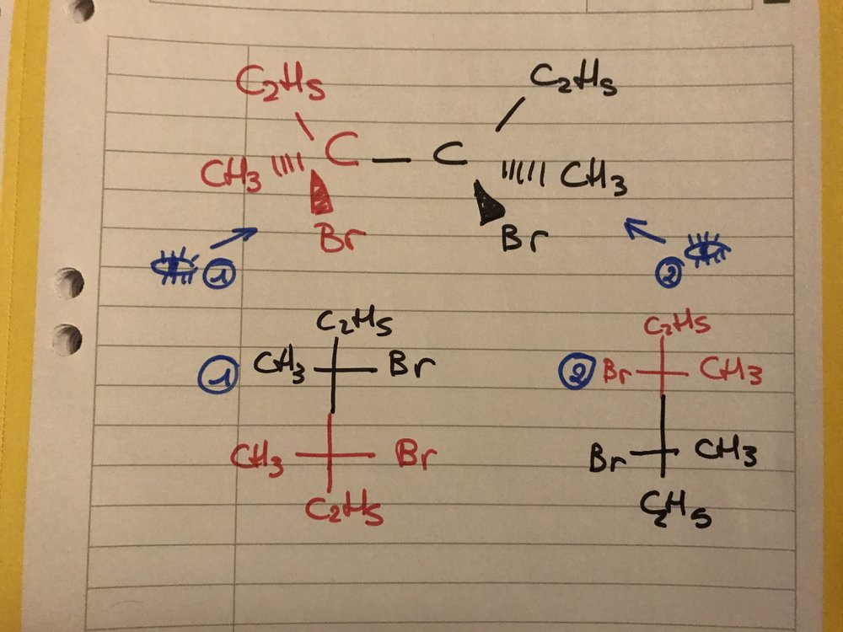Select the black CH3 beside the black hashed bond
(594, 179)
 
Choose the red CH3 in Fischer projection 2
(730, 369)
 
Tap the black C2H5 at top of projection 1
(347, 322)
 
